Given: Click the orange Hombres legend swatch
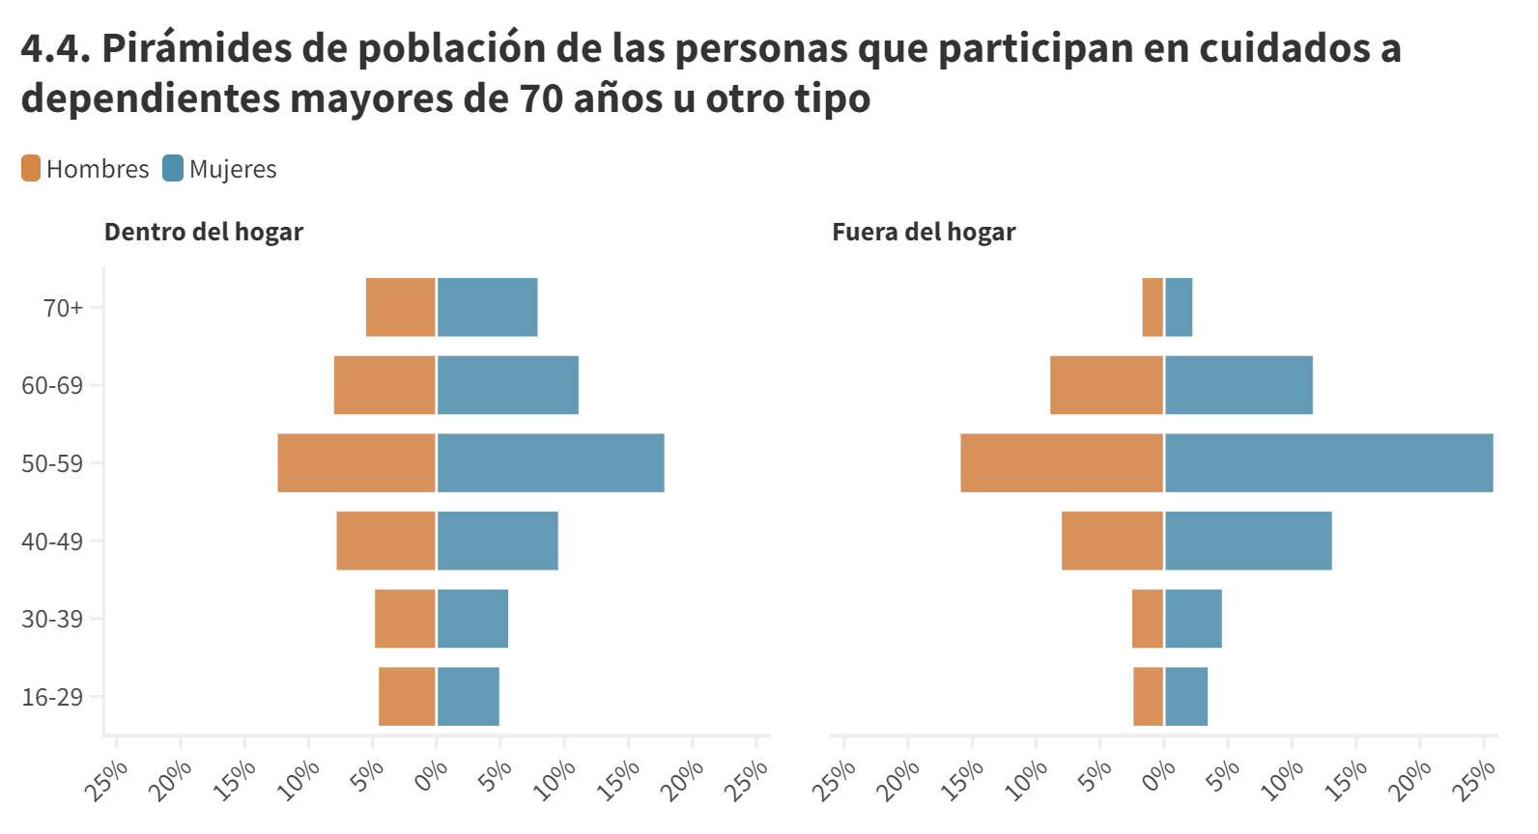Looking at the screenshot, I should (x=31, y=168).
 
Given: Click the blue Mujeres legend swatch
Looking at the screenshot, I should (x=173, y=168).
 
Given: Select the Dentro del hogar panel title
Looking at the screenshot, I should (x=203, y=232).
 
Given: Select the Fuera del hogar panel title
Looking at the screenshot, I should (x=924, y=232).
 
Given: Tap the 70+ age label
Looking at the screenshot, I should (x=63, y=308).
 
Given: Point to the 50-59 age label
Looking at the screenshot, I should (x=52, y=463).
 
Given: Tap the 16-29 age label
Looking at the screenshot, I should (x=52, y=697).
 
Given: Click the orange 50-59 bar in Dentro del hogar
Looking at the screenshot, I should (x=356, y=463).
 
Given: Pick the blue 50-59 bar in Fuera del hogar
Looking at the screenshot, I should (x=1328, y=463).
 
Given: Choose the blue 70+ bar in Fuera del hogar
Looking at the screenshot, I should (x=1179, y=308).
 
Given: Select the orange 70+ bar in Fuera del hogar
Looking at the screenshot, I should (x=1153, y=308).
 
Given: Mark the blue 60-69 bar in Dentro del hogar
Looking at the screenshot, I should (x=508, y=385).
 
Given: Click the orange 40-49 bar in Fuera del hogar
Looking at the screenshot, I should (x=1112, y=541).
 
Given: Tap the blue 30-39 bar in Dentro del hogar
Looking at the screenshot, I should (x=472, y=619).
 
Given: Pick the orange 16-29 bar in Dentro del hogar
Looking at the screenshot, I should (x=407, y=697).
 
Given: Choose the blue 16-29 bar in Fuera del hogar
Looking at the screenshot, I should (x=1186, y=697).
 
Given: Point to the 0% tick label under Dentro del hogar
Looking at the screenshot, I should (x=431, y=776).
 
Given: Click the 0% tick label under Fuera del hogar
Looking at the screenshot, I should (x=1158, y=776).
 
